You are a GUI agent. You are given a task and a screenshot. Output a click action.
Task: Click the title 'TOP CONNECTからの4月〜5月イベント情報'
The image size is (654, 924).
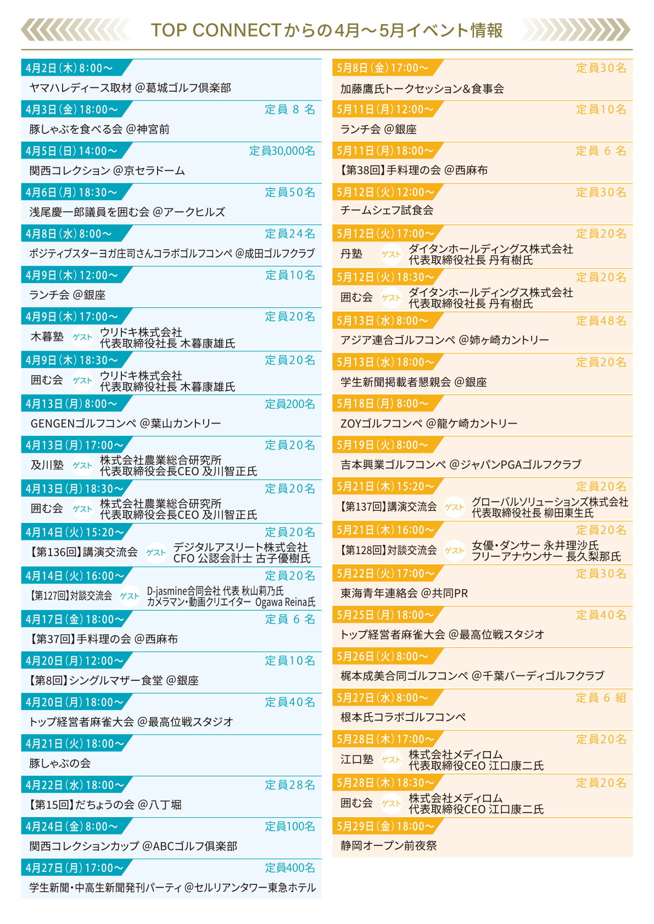[327, 30]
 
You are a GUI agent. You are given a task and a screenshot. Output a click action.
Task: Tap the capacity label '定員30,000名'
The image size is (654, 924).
[282, 151]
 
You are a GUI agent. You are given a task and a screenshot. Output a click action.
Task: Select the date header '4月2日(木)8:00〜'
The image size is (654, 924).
[69, 68]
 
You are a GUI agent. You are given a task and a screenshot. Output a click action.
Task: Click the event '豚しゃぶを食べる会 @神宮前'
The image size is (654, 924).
[99, 129]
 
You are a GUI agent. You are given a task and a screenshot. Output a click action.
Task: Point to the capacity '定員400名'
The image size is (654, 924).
[290, 868]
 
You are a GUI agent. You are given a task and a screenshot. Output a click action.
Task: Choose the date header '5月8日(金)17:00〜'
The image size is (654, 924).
[382, 68]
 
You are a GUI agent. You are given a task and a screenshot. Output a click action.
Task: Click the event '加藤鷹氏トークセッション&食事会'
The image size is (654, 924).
[422, 89]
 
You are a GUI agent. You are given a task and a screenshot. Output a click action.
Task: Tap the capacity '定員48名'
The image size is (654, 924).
[601, 321]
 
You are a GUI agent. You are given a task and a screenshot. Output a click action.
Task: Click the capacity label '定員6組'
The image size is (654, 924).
[601, 698]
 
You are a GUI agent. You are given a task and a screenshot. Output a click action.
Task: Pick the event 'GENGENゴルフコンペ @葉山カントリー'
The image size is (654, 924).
[126, 424]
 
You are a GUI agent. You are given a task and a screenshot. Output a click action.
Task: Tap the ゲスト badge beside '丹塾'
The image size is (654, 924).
[391, 255]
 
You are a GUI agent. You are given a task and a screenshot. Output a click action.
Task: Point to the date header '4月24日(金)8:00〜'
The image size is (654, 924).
[72, 826]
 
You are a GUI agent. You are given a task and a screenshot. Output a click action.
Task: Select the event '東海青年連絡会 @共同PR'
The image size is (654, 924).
[404, 594]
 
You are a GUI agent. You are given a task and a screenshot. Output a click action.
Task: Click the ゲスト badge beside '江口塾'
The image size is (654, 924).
[391, 760]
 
